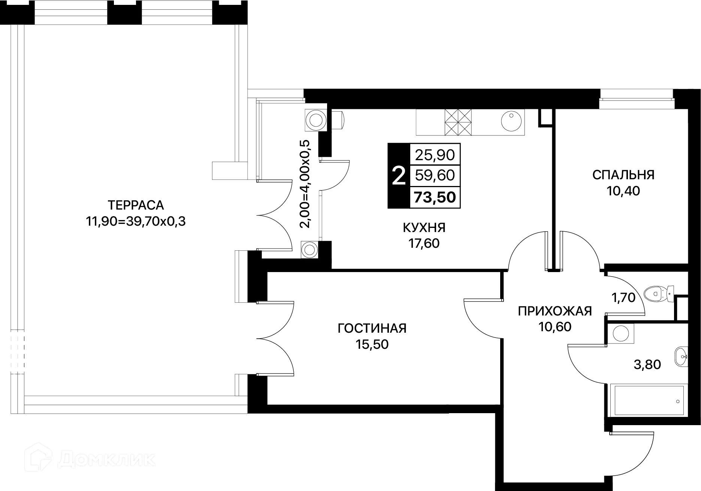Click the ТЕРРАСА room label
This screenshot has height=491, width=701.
point(136,205)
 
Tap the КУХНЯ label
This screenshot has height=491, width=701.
point(424,227)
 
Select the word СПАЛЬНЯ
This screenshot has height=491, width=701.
point(623,175)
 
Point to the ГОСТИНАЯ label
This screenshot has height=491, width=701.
point(372,328)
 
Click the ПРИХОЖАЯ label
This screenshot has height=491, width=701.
point(555,311)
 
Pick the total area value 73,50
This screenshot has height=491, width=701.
point(435,197)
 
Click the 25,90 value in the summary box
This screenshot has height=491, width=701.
point(435,155)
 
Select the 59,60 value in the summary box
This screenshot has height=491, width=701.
point(435,175)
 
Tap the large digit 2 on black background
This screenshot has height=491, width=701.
point(399,176)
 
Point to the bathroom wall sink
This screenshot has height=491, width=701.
point(682,356)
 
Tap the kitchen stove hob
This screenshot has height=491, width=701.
point(457,122)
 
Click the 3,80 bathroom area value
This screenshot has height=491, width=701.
point(647,364)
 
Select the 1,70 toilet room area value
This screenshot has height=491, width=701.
point(624,298)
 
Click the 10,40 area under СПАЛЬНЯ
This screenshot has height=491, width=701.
point(623,191)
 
